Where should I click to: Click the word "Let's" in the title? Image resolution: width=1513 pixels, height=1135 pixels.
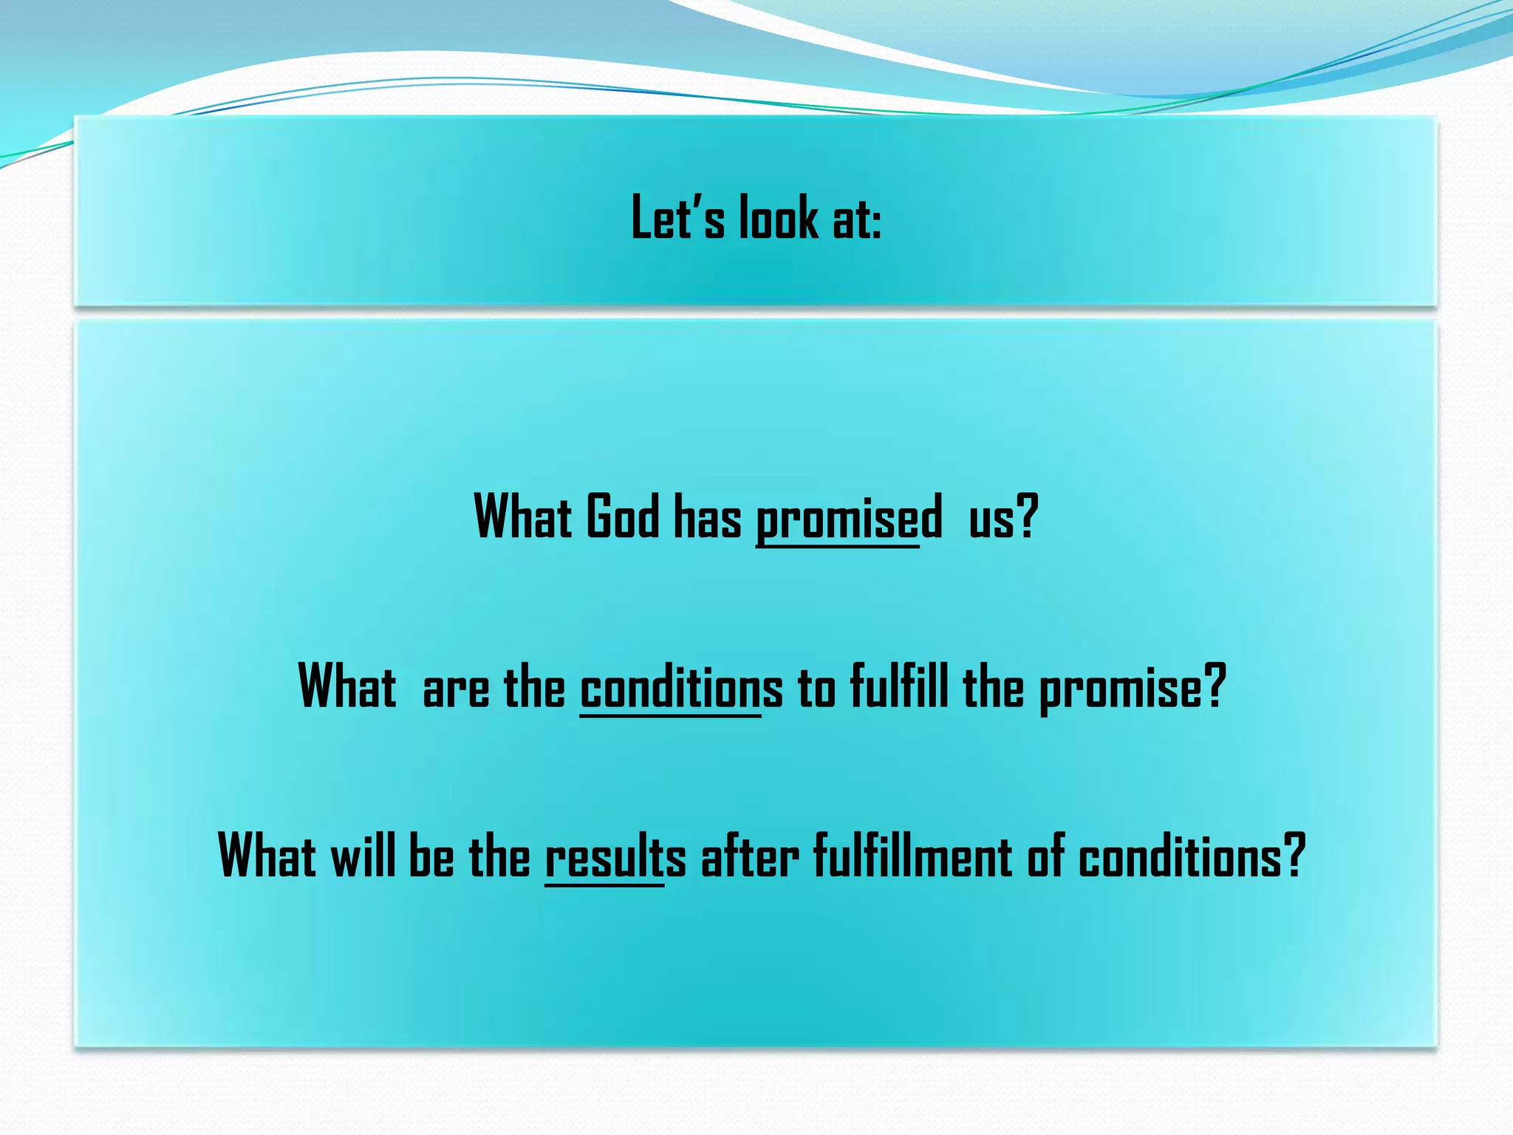coord(677,218)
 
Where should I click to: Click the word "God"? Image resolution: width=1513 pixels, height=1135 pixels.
coord(622,517)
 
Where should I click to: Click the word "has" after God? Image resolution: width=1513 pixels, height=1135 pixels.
coord(707,517)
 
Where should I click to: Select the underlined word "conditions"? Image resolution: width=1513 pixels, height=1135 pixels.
coord(680,687)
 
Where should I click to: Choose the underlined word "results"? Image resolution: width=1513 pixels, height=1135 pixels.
coord(615,857)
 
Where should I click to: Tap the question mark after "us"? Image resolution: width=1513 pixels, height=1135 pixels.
coord(1028,517)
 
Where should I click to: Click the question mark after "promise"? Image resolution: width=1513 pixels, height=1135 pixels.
coord(1215,686)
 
